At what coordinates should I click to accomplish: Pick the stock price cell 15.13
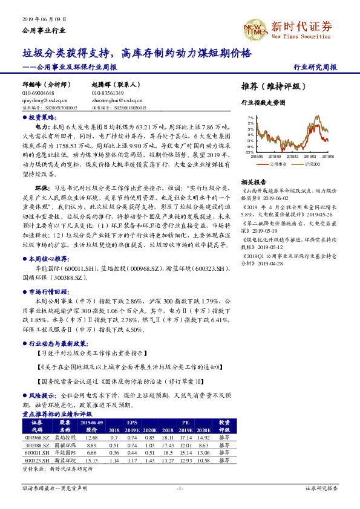92,459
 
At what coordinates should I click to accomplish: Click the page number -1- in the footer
180,487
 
